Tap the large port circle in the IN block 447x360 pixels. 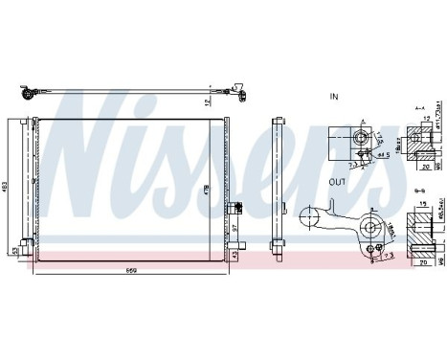(x=362, y=138)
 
